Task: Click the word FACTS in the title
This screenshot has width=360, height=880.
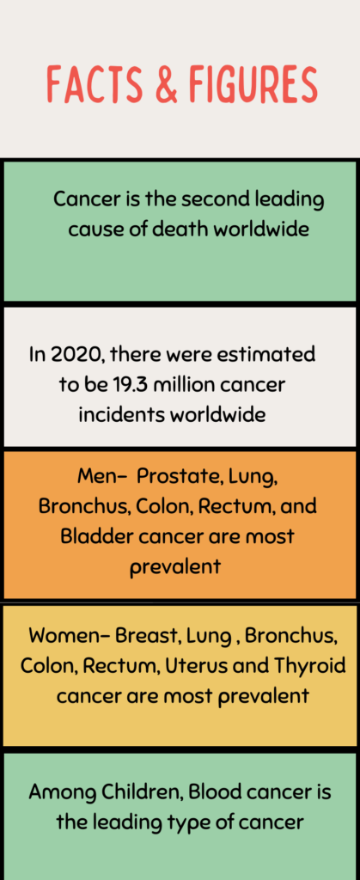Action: click(x=94, y=84)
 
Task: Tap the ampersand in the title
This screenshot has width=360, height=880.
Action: click(x=166, y=84)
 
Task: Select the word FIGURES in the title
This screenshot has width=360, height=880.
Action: click(x=253, y=84)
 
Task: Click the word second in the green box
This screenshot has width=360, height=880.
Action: click(x=215, y=199)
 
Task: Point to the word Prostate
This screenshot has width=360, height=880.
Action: click(x=174, y=476)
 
